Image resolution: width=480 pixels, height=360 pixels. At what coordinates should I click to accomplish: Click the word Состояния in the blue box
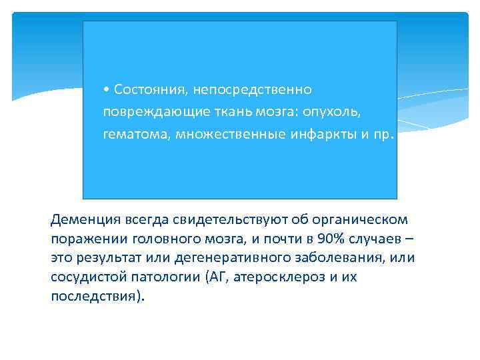147,90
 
